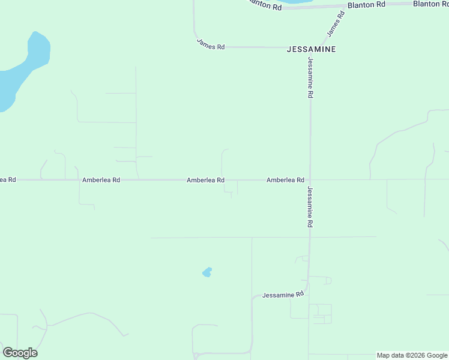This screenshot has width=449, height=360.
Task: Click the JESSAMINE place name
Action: click(x=311, y=48)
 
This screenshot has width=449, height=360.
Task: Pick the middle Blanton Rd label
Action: click(x=366, y=5)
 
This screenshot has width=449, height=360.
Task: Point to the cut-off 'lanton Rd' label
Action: click(x=265, y=5)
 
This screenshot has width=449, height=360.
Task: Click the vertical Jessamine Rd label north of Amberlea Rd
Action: click(x=310, y=77)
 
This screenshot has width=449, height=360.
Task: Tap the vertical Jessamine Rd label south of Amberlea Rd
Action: click(x=310, y=206)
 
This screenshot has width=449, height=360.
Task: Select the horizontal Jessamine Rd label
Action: click(x=283, y=295)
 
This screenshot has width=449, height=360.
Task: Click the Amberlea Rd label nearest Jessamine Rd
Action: click(x=285, y=179)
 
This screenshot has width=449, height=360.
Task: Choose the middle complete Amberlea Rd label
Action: click(x=205, y=179)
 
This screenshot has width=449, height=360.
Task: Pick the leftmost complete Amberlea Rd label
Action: click(x=101, y=179)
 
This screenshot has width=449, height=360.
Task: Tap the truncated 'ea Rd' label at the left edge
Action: click(x=8, y=179)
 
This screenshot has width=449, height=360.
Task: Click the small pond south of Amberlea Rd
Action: click(x=207, y=272)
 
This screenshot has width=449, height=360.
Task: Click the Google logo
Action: click(x=20, y=353)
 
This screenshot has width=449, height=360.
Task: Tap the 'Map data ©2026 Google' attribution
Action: click(x=412, y=355)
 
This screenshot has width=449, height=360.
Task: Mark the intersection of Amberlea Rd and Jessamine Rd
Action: click(x=310, y=179)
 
